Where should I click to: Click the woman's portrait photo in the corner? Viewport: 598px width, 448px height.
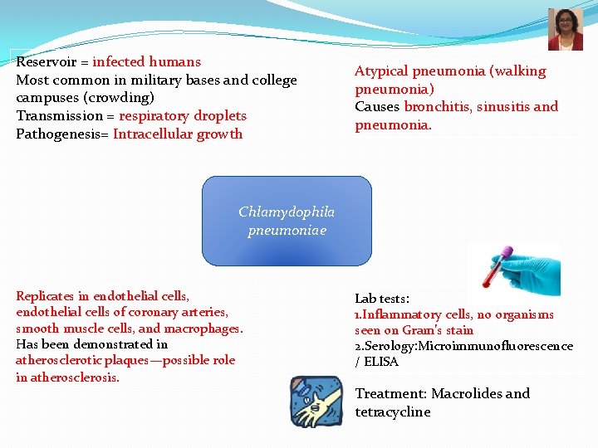[x=565, y=30]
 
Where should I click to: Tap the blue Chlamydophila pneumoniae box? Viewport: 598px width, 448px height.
[x=287, y=221]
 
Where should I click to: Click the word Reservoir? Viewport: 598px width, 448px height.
[x=46, y=62]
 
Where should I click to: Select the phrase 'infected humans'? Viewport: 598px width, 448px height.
[x=147, y=62]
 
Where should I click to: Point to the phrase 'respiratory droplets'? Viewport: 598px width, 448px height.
[x=183, y=116]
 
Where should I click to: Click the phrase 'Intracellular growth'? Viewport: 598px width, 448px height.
[x=178, y=134]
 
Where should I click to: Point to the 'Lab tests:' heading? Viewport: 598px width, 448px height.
[x=382, y=299]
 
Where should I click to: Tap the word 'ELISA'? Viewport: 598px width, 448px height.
[x=381, y=362]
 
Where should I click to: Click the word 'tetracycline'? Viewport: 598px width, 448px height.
[x=393, y=412]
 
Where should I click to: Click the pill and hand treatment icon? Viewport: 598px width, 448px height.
[x=316, y=402]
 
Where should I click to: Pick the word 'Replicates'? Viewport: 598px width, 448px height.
[x=45, y=296]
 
